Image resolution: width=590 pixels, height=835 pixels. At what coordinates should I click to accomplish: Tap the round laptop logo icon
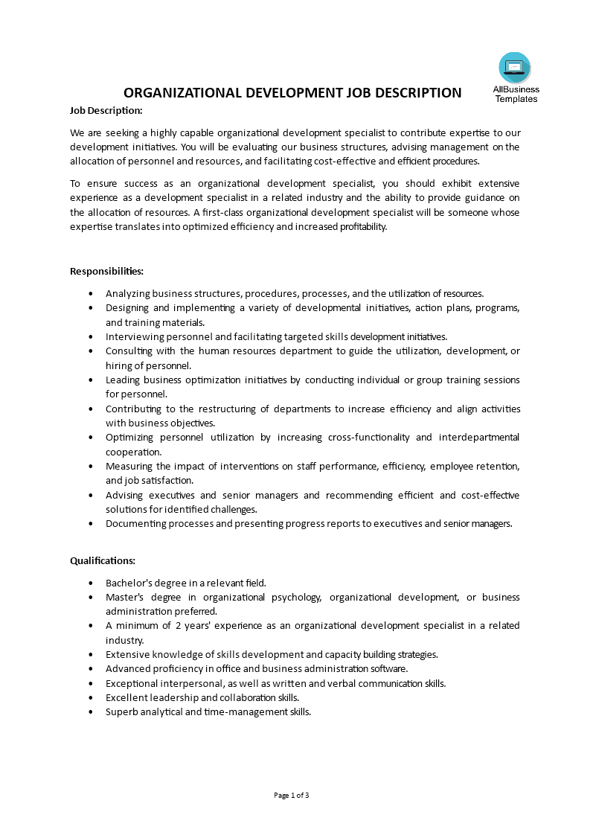pyautogui.click(x=515, y=68)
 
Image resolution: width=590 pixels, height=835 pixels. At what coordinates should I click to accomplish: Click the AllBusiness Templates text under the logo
pyautogui.click(x=516, y=94)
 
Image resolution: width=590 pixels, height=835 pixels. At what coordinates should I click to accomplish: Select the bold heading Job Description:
pyautogui.click(x=106, y=110)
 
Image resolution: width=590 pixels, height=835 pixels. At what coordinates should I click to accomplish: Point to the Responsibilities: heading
pyautogui.click(x=106, y=271)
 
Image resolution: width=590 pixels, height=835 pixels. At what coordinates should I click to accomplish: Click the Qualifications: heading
pyautogui.click(x=103, y=560)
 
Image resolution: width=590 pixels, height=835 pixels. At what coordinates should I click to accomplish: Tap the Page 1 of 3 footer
pyautogui.click(x=292, y=795)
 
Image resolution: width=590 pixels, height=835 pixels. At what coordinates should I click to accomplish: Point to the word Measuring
pyautogui.click(x=130, y=466)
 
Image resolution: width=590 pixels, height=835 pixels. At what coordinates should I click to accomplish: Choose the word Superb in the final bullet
pyautogui.click(x=121, y=711)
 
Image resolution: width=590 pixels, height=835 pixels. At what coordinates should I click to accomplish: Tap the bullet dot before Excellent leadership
pyautogui.click(x=91, y=697)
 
